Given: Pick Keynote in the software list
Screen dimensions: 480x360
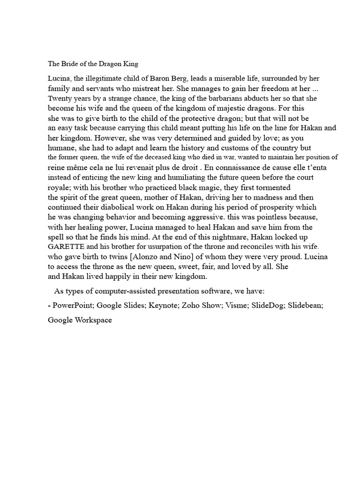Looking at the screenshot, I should pyautogui.click(x=162, y=305).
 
